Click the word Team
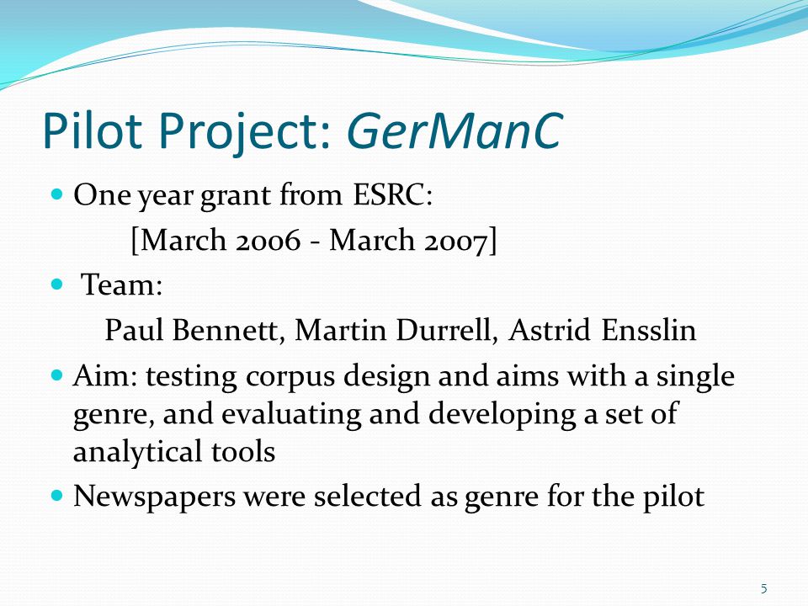click(x=122, y=284)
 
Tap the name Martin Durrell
click(x=396, y=330)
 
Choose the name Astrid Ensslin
click(x=603, y=330)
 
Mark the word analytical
click(x=137, y=452)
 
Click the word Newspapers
click(x=154, y=497)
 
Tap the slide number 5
click(x=763, y=588)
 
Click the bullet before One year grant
click(x=57, y=194)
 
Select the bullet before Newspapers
click(x=57, y=496)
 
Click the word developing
click(x=502, y=415)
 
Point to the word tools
click(x=243, y=452)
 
